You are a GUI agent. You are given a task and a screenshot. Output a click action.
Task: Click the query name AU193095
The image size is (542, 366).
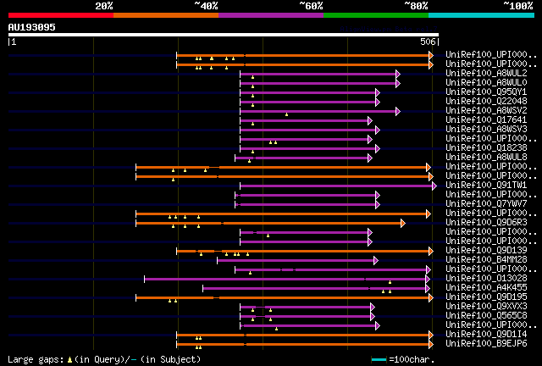[31, 27]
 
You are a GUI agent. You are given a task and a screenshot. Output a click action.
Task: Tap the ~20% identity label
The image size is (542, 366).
[103, 5]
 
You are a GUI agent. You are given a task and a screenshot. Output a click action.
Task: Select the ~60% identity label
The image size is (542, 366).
[311, 5]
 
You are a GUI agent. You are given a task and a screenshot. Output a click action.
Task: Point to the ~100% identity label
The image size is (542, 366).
[518, 5]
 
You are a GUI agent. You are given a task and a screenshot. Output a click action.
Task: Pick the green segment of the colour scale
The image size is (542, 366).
[375, 14]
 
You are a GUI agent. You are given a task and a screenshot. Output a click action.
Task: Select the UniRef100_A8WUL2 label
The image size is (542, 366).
[487, 73]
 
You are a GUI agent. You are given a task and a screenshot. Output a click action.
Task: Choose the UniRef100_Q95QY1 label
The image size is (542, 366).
[487, 91]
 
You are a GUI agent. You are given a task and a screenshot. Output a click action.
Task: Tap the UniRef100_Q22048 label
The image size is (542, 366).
[487, 101]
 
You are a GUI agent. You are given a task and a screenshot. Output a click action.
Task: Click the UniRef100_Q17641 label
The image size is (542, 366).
[487, 119]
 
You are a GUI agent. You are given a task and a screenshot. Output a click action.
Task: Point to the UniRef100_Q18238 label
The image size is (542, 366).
[487, 147]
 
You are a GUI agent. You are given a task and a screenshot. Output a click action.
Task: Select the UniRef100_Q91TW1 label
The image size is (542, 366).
[487, 185]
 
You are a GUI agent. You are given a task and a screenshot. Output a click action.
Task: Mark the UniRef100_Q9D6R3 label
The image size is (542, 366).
[487, 222]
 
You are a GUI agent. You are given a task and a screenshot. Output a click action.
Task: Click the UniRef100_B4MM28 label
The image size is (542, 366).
[487, 259]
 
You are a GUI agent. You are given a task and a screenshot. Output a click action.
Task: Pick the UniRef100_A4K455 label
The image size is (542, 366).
[487, 287]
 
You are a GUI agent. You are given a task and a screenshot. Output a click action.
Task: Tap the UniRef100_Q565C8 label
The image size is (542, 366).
[487, 315]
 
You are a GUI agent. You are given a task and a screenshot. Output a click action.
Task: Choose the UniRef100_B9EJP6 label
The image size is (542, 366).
[487, 343]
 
